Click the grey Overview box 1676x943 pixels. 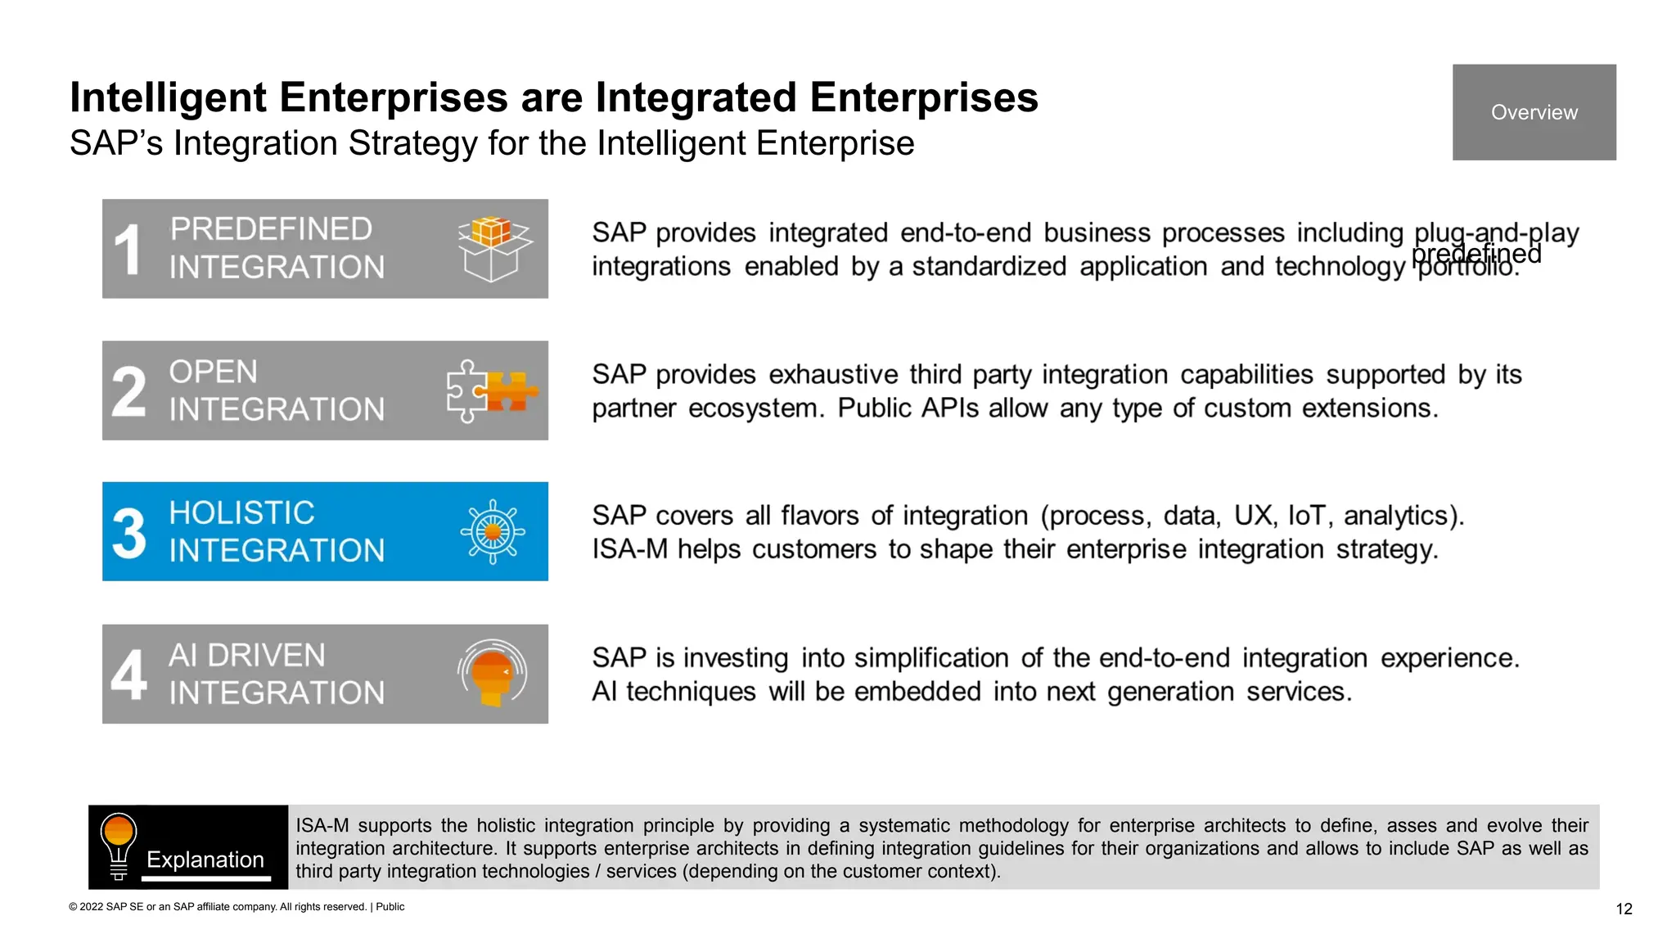coord(1534,112)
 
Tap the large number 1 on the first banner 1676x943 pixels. coord(128,250)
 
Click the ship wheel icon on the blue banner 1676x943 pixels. coord(493,532)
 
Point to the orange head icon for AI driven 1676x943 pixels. coord(493,674)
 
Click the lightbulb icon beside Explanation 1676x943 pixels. coord(119,846)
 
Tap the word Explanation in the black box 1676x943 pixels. coord(205,860)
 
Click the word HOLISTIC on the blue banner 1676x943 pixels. coord(241,513)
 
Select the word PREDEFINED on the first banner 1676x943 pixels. coord(271,229)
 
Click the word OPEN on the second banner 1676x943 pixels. coord(213,372)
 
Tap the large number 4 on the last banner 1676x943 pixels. coord(128,675)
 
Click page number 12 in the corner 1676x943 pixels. coord(1624,909)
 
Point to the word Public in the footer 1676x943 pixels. coord(390,907)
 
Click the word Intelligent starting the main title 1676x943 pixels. coord(168,97)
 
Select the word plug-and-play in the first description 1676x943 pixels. coord(1496,232)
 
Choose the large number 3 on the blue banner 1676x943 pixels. coord(128,533)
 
